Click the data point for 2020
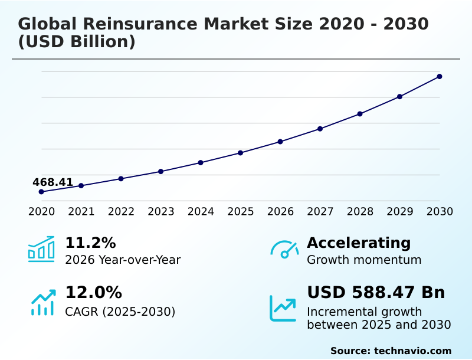tap(41, 192)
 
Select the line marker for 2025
tap(241, 153)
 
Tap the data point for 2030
tap(440, 76)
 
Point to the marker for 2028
tap(360, 114)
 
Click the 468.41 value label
tap(53, 182)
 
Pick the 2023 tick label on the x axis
tap(161, 211)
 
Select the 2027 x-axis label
tap(320, 211)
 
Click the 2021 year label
tap(81, 211)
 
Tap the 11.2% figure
tap(90, 243)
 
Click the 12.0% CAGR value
tap(93, 292)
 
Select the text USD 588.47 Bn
tap(376, 292)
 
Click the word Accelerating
tap(359, 243)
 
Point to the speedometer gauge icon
tap(284, 250)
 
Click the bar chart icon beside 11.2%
tap(41, 250)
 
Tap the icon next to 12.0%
tap(42, 302)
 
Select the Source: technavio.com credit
tap(391, 351)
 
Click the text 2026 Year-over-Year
tap(123, 260)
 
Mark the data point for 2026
tap(280, 142)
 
